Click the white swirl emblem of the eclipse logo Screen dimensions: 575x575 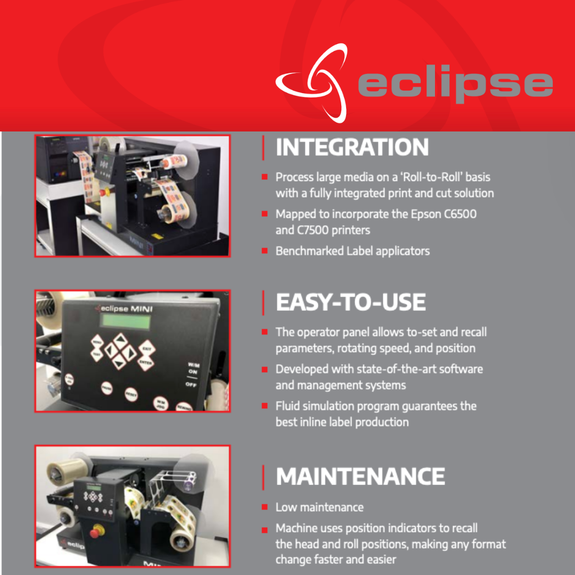tap(312, 83)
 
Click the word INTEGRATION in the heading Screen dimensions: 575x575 tap(352, 147)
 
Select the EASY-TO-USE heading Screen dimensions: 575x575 tap(350, 302)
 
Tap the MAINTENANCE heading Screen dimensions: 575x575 tap(360, 477)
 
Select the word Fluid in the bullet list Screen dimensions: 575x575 tap(287, 406)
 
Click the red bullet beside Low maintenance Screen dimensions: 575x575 tap(265, 507)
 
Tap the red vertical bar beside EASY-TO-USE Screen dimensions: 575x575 tap(264, 302)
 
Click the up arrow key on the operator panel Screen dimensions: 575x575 tap(121, 339)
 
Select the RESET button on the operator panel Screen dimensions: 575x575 tap(130, 395)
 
